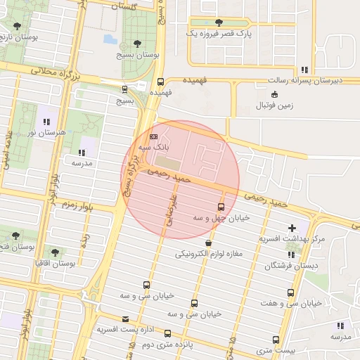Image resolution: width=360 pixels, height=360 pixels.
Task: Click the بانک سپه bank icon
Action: point(154,136)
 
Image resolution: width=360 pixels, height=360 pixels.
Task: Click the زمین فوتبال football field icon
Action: point(274,94)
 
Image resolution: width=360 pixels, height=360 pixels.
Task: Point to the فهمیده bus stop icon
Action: point(160,82)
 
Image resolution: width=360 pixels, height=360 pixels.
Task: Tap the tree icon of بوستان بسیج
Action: point(136,43)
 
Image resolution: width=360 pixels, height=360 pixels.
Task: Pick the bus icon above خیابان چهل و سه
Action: point(221,207)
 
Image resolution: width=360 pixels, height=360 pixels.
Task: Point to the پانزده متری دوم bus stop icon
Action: point(167,333)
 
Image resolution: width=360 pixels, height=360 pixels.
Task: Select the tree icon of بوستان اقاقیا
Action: point(55,252)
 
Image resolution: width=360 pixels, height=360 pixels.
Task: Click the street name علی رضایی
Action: point(169,209)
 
